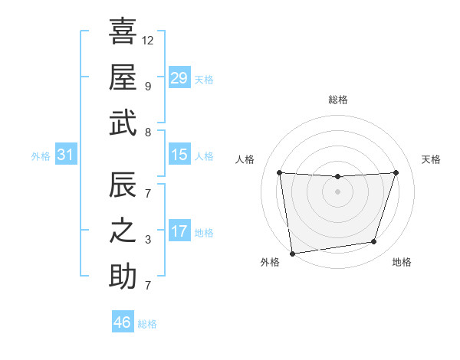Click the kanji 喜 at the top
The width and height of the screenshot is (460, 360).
(123, 31)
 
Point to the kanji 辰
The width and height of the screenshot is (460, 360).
(123, 184)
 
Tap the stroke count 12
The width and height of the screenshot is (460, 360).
(148, 40)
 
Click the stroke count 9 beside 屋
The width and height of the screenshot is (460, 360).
(147, 86)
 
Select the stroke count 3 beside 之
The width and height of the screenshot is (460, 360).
(147, 240)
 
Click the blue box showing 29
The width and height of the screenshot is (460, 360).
(179, 78)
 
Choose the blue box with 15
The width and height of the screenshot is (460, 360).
(179, 155)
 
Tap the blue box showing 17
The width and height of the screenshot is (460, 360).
(179, 231)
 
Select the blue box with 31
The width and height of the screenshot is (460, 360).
(66, 155)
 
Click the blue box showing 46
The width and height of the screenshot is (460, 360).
(123, 322)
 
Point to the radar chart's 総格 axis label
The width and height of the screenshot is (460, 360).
(338, 100)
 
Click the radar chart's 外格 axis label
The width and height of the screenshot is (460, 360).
(270, 263)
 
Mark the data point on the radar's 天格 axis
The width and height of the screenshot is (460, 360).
(396, 172)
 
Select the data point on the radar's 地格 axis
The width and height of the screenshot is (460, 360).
(374, 242)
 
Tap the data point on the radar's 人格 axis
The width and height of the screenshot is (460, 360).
(279, 173)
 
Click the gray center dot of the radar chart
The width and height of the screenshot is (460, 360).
(337, 191)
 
